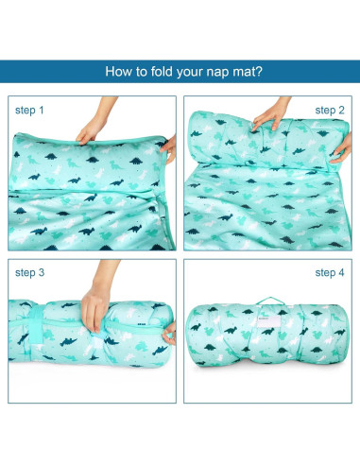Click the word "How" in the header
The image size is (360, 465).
coord(120,71)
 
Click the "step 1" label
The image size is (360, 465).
coord(29,111)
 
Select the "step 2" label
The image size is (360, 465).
coord(330,111)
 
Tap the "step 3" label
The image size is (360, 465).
coord(29,273)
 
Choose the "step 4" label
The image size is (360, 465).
coord(330,273)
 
